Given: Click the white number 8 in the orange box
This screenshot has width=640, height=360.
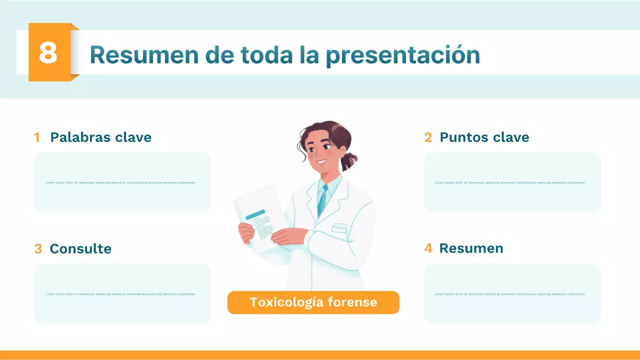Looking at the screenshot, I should (48, 52).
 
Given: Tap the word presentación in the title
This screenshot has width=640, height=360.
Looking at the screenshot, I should (402, 55).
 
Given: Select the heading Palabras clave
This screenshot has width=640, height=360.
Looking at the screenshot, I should (100, 137).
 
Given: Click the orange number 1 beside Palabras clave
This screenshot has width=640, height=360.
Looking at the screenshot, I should (37, 137).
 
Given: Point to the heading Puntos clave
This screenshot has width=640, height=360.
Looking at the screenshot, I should (484, 137).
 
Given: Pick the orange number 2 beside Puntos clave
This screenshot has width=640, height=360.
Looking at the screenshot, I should (428, 137).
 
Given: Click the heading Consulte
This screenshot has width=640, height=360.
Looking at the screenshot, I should (80, 248).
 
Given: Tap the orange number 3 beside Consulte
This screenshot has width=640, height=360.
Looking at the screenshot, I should (38, 249).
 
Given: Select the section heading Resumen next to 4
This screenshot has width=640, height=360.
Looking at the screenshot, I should (471, 248).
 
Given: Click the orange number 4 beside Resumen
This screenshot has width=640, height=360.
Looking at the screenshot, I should (428, 248).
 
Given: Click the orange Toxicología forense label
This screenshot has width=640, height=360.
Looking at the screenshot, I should (313, 302).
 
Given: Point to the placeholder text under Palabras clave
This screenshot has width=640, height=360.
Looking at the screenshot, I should (120, 182).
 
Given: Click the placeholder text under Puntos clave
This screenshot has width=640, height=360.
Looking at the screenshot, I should (510, 182).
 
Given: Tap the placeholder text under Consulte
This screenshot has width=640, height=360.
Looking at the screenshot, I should (120, 294).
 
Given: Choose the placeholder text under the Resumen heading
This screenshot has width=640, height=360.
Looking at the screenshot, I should (510, 294).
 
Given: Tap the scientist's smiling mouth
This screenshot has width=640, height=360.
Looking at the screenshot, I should (320, 161).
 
